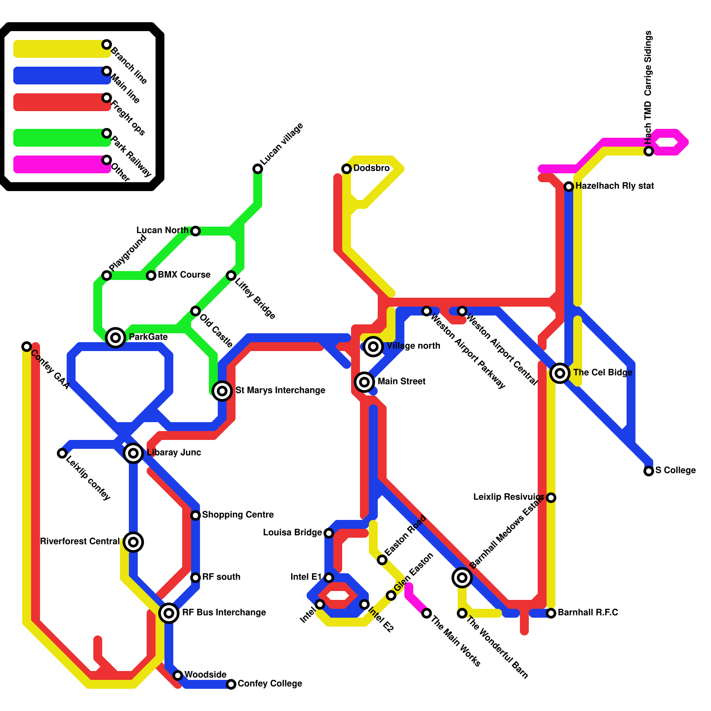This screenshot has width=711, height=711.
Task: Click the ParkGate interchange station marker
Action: coord(116,338)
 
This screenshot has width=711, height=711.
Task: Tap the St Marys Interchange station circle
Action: coord(222,391)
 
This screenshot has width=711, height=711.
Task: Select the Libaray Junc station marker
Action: coord(133,453)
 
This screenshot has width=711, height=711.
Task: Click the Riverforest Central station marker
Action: coord(133,542)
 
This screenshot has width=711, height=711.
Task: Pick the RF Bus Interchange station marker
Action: coord(169,613)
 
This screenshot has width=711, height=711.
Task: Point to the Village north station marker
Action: coord(373,347)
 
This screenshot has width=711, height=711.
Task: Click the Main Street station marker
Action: coord(364,382)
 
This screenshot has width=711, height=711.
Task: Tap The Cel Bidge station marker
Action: coord(560,373)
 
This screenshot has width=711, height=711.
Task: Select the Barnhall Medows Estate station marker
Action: coord(462,578)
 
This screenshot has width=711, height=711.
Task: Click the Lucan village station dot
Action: coord(258,169)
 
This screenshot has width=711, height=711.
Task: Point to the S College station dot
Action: coord(649,471)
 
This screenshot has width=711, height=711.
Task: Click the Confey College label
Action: coord(270,684)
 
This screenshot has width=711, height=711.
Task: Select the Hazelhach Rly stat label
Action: coord(614,186)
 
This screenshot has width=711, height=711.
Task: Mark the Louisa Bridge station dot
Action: coord(329,533)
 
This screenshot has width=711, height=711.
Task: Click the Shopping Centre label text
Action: coord(238,515)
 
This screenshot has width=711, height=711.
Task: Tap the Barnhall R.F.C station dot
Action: coord(551,613)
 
